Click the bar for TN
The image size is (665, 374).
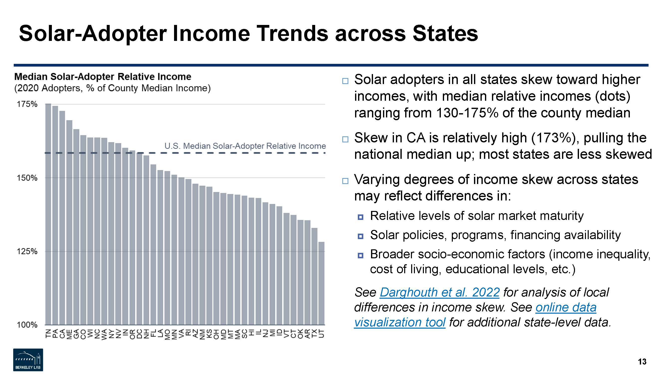[48, 214]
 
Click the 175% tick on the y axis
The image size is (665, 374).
[27, 104]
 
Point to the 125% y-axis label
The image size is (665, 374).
[27, 251]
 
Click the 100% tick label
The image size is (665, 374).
[27, 325]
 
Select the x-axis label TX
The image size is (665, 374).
[314, 333]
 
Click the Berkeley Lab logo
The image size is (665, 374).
[28, 360]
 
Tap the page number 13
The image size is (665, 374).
[642, 362]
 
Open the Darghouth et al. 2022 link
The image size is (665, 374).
[440, 292]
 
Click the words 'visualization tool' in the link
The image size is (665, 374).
[400, 322]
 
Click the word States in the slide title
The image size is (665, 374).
[445, 34]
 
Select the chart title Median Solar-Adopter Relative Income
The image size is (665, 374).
[103, 77]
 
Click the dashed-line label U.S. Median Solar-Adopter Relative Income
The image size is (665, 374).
[245, 146]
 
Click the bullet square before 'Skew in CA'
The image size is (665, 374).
[345, 139]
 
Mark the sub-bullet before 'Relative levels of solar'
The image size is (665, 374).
[361, 217]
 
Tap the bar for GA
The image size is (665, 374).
[76, 227]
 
